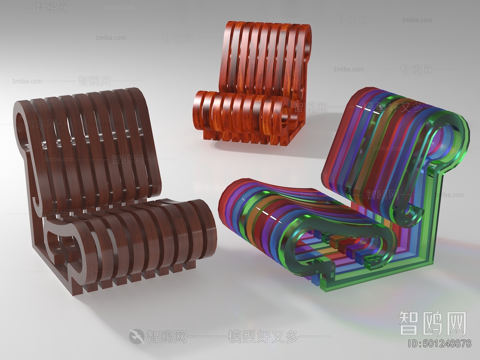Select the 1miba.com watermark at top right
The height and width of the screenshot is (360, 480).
tap(417, 20)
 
